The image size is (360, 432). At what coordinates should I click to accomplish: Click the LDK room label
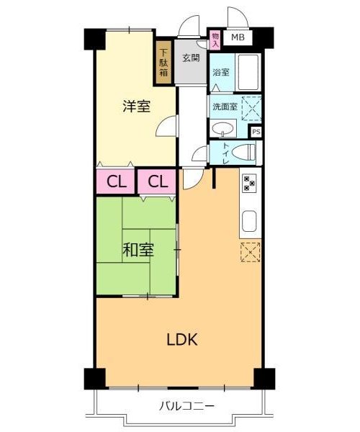pyautogui.click(x=182, y=339)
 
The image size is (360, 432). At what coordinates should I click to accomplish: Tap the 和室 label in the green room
pyautogui.click(x=138, y=250)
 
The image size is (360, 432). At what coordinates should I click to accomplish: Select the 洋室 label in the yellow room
pyautogui.click(x=137, y=107)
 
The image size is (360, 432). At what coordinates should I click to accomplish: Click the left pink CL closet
pyautogui.click(x=115, y=181)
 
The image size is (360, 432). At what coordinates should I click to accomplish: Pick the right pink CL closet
pyautogui.click(x=156, y=181)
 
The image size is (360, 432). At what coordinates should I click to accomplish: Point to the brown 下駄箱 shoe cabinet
pyautogui.click(x=163, y=62)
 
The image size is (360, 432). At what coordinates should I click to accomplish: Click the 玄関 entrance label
pyautogui.click(x=191, y=58)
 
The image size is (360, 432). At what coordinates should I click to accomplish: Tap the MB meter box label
pyautogui.click(x=238, y=37)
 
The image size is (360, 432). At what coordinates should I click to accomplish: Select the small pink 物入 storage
pyautogui.click(x=215, y=40)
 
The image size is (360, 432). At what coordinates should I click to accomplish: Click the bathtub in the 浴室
pyautogui.click(x=248, y=72)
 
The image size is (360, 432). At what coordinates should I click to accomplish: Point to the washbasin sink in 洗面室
pyautogui.click(x=223, y=129)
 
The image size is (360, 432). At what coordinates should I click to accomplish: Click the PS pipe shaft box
pyautogui.click(x=256, y=132)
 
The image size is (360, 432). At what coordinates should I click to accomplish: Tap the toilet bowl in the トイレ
pyautogui.click(x=244, y=152)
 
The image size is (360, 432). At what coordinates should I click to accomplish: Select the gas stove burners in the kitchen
pyautogui.click(x=250, y=183)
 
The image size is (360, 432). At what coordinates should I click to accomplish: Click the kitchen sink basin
pyautogui.click(x=249, y=222)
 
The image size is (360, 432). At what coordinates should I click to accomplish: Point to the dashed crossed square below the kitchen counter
pyautogui.click(x=251, y=252)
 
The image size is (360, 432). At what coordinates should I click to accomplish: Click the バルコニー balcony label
pyautogui.click(x=186, y=406)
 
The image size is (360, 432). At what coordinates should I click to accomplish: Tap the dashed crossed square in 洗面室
pyautogui.click(x=251, y=108)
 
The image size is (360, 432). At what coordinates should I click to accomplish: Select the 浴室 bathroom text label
pyautogui.click(x=221, y=73)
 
